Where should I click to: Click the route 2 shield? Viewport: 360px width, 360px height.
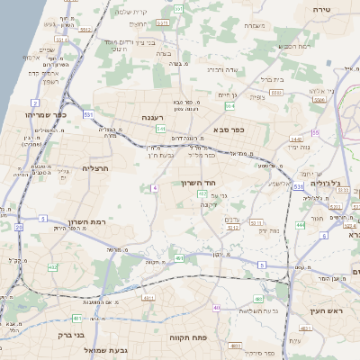(34, 103)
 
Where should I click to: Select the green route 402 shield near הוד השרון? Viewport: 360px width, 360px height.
(202, 193)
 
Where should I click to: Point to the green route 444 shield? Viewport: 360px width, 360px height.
(300, 224)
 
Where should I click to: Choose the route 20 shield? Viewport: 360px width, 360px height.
(18, 227)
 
